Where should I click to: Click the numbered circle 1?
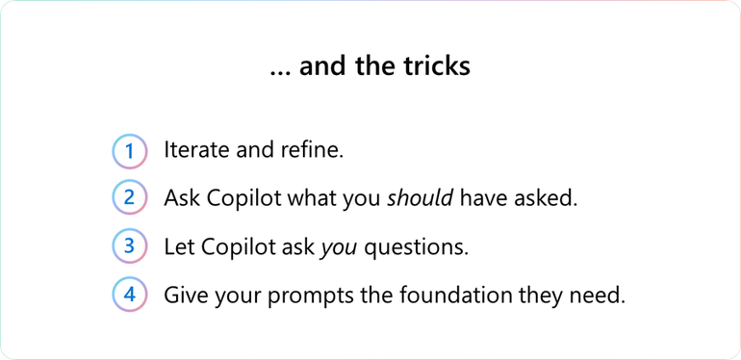coord(129,151)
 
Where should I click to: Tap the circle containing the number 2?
coord(129,198)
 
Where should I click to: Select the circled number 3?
coord(129,245)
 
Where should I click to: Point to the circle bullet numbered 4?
coord(129,294)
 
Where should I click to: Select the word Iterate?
coord(196,151)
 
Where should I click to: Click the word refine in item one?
coord(315,151)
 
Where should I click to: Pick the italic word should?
coord(421,198)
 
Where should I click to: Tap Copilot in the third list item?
coord(237,246)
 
